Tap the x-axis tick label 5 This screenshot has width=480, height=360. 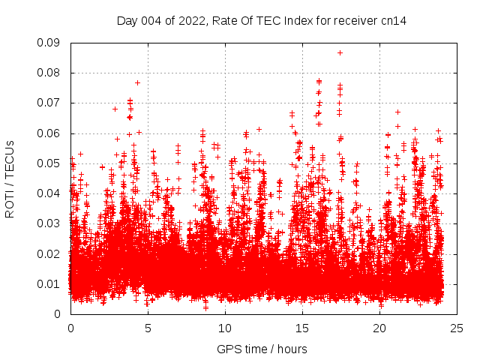148,328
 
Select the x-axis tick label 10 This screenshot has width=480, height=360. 225,328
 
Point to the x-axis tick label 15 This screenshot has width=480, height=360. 302,328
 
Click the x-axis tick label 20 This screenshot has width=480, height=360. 379,328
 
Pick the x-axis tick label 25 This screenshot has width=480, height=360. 457,328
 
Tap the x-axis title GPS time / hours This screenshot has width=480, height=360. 262,349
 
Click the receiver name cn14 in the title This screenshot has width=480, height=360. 393,20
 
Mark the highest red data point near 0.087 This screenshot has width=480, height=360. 340,52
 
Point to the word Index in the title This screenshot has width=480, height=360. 295,20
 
